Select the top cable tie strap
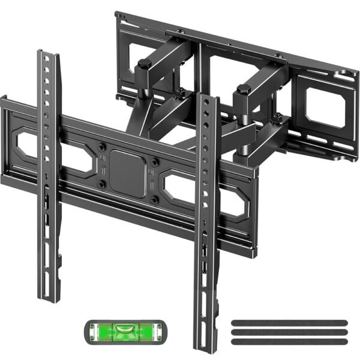click(288, 323)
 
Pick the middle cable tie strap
click(288, 332)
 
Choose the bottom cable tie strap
click(288, 341)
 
